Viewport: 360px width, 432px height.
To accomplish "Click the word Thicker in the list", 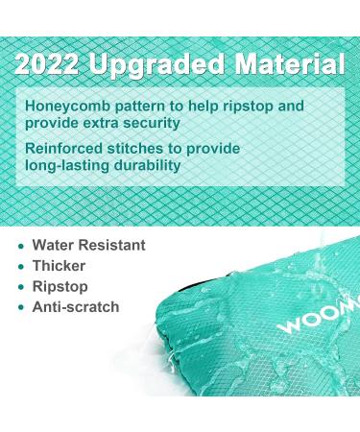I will pos(59,266).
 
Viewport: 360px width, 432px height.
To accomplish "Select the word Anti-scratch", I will pos(76,307).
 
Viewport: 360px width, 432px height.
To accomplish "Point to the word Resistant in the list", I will pos(111,246).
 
